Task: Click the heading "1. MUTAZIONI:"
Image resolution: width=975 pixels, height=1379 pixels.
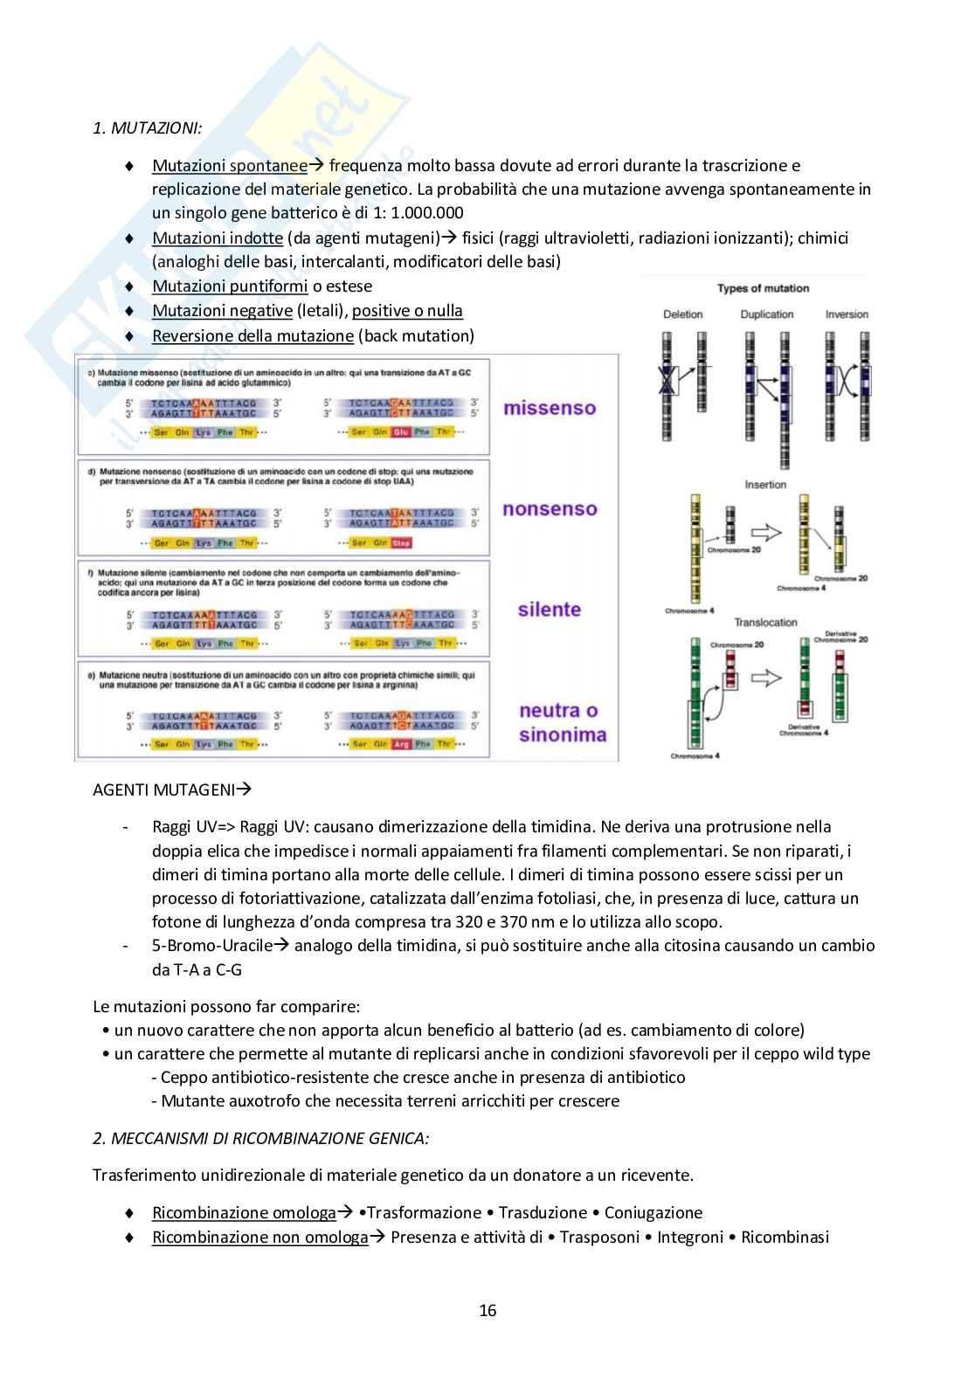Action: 147,128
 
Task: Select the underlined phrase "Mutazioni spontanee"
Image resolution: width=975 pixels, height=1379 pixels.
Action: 230,165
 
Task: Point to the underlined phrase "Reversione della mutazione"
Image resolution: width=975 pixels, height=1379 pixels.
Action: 252,335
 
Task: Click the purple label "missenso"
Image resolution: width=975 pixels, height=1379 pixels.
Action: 550,408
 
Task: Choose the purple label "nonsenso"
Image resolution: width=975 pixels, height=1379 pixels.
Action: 550,509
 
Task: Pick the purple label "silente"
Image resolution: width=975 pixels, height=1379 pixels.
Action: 550,610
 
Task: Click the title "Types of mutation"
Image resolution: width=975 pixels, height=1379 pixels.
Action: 763,288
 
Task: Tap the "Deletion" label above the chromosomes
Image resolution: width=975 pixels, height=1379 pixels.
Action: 683,314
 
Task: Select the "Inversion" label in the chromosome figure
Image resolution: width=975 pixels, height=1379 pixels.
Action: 847,314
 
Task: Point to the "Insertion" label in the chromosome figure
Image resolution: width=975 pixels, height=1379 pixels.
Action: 765,485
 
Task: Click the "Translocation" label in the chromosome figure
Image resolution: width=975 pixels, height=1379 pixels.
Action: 765,623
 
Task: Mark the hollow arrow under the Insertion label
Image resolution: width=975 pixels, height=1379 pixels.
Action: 766,532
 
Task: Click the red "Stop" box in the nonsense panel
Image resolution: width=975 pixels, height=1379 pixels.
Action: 401,543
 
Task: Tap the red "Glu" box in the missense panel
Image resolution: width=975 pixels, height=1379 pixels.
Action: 401,432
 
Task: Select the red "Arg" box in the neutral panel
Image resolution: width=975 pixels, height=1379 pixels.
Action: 401,744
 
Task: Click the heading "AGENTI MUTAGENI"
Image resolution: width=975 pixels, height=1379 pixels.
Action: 164,789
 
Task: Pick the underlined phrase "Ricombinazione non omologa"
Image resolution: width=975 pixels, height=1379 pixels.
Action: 260,1237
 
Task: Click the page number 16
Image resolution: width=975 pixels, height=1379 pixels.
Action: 487,1310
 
